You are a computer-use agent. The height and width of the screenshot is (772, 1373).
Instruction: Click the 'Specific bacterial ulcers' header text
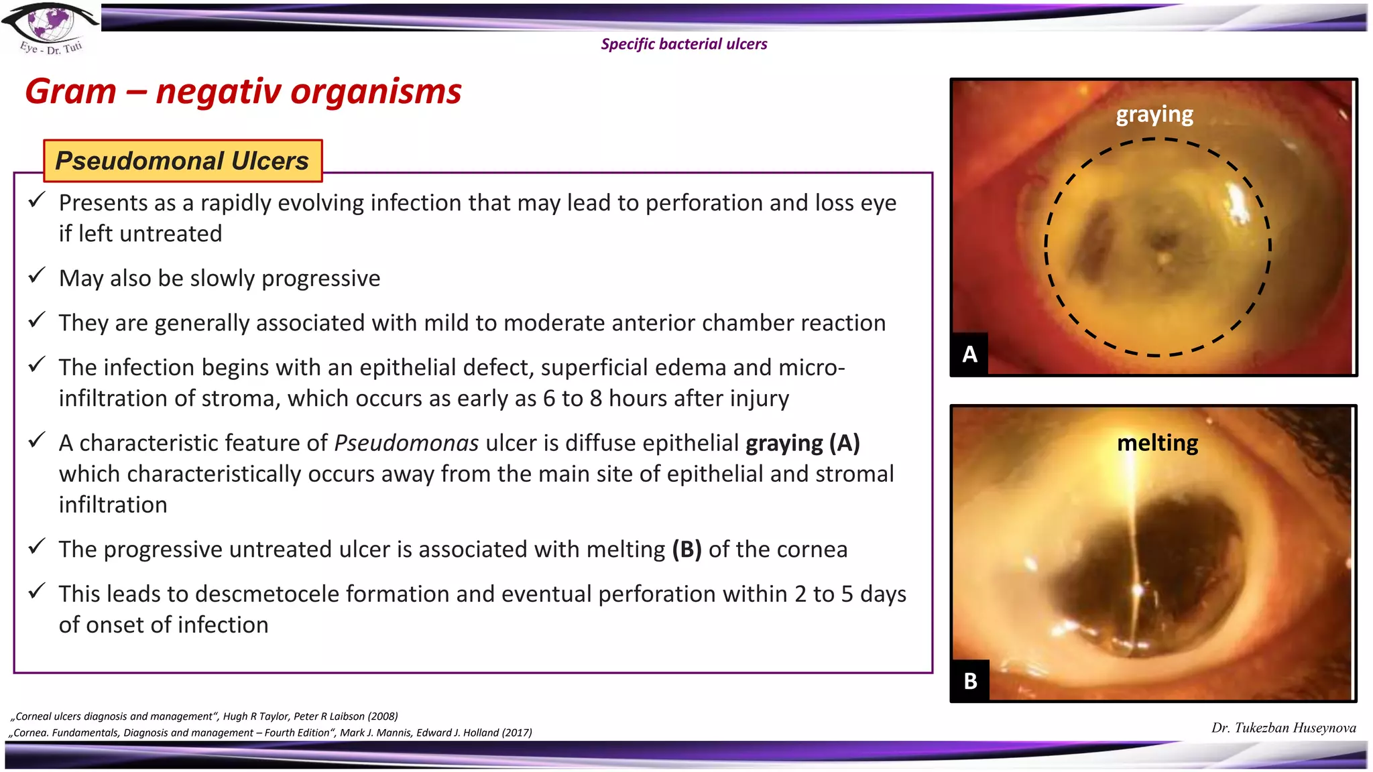[684, 44]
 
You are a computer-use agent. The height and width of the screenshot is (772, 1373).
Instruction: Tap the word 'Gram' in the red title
[70, 91]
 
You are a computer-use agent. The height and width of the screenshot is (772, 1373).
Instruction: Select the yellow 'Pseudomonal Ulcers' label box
[182, 161]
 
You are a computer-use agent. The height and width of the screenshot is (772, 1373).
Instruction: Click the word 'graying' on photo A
[1154, 115]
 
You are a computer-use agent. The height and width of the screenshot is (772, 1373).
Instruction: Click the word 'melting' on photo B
[1157, 443]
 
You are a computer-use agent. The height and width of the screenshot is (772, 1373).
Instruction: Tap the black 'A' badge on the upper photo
[969, 354]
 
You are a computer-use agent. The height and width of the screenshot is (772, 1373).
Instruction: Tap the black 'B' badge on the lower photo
[970, 681]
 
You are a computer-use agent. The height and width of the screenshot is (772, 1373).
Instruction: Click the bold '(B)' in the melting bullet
[686, 550]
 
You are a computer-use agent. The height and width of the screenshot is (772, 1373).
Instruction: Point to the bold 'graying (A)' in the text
[802, 443]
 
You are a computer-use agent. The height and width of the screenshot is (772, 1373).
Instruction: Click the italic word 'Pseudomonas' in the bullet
[406, 443]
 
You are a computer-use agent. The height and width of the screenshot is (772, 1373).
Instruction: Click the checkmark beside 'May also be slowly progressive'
[37, 275]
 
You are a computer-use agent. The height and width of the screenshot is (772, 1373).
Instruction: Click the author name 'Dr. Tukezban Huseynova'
[1283, 728]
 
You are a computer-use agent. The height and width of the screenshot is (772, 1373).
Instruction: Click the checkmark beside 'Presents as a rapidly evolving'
[37, 200]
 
